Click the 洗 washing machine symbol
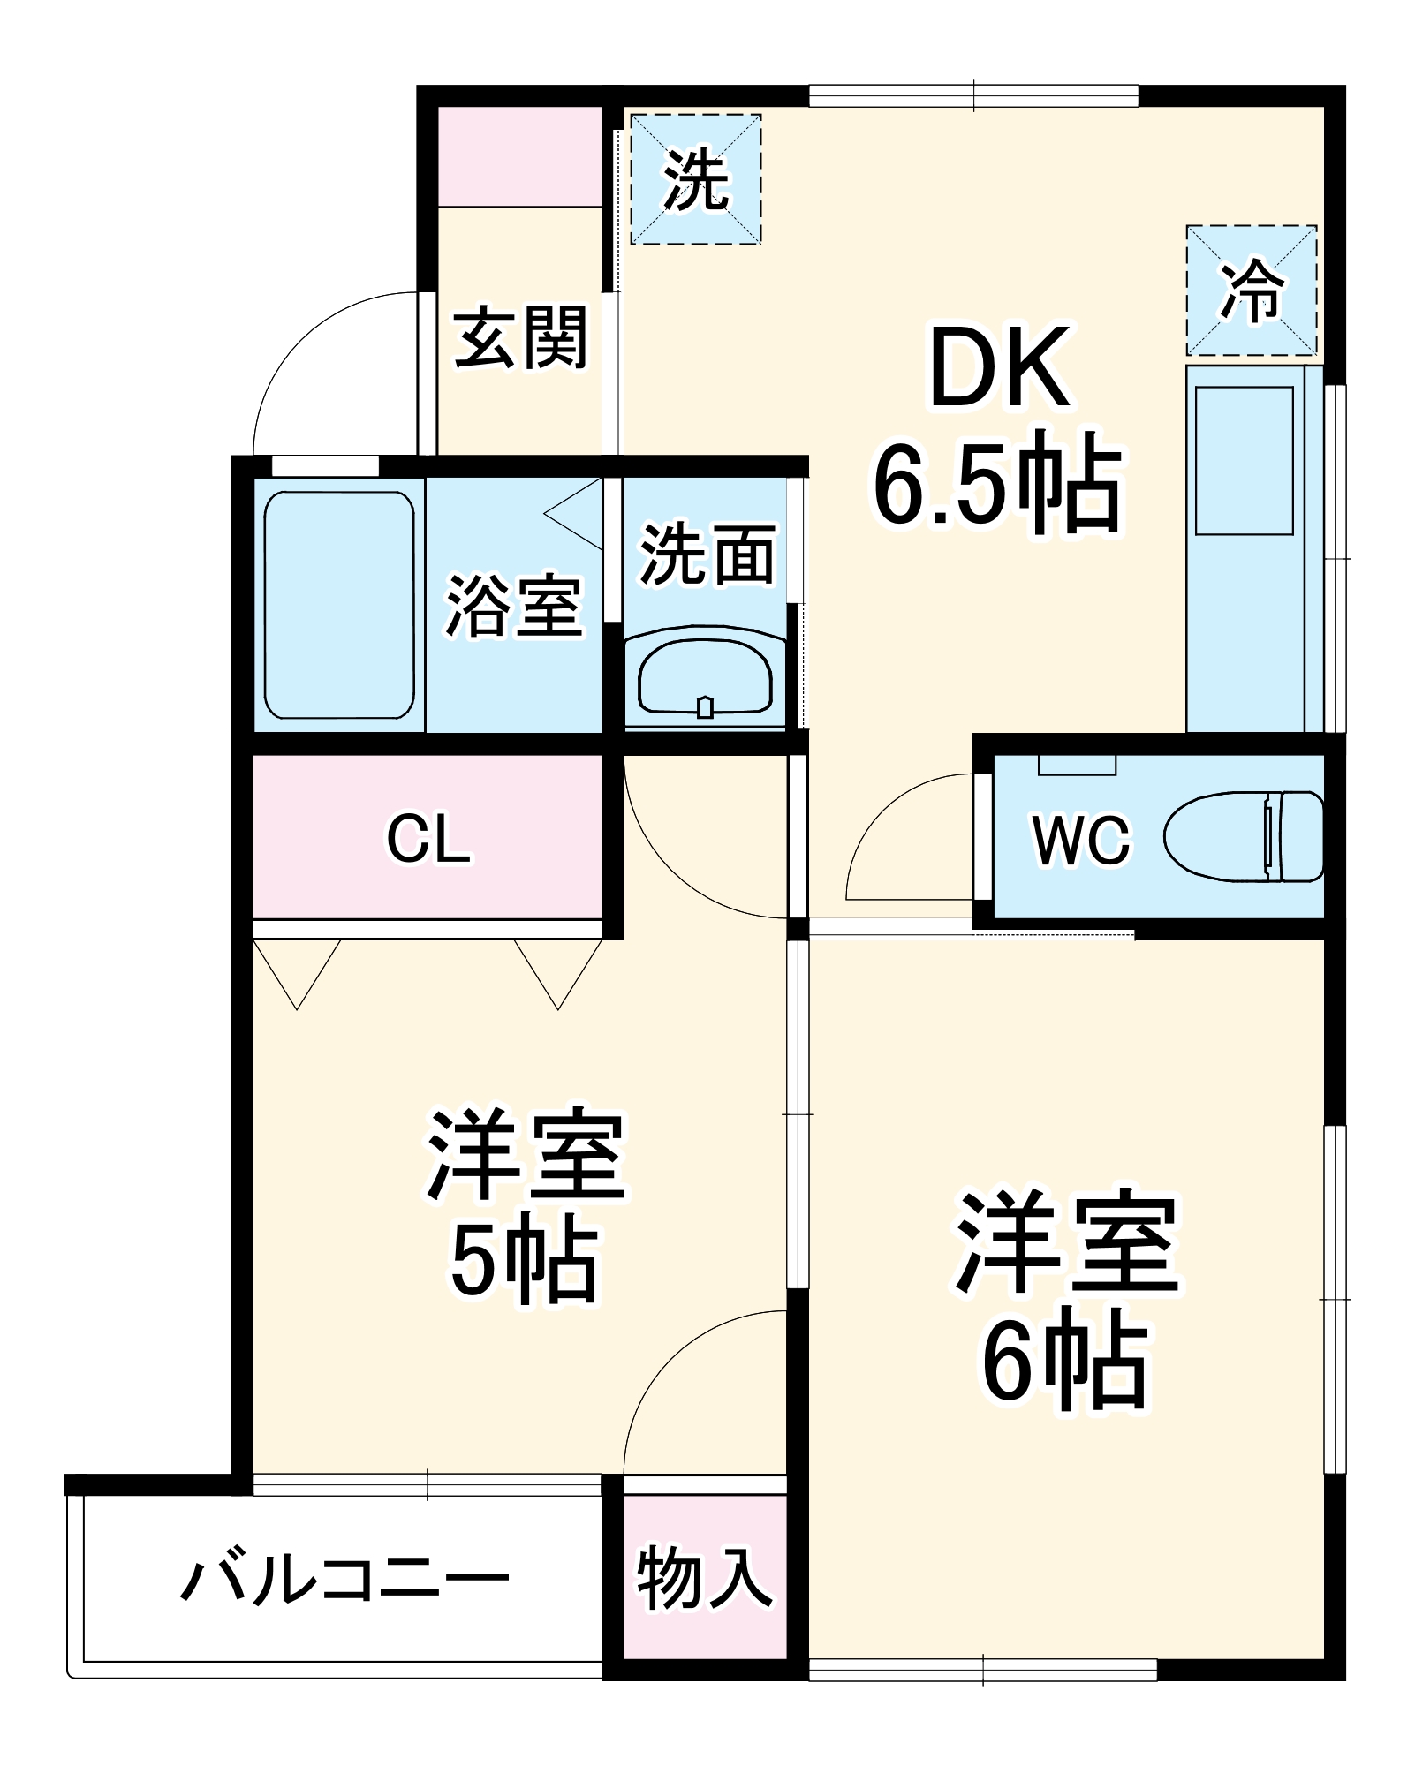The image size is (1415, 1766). (x=696, y=179)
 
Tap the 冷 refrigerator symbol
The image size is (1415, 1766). (x=1251, y=291)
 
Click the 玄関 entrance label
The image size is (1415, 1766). (x=521, y=338)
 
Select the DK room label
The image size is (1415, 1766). (x=1000, y=369)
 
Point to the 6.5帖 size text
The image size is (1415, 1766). (x=998, y=483)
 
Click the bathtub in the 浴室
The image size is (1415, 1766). (x=339, y=605)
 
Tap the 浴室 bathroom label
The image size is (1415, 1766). (x=514, y=606)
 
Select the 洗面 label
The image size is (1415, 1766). (x=707, y=555)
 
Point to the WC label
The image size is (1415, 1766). (x=1081, y=840)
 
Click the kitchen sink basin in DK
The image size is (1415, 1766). (x=1244, y=460)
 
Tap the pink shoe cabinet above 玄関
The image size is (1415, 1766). (x=520, y=156)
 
